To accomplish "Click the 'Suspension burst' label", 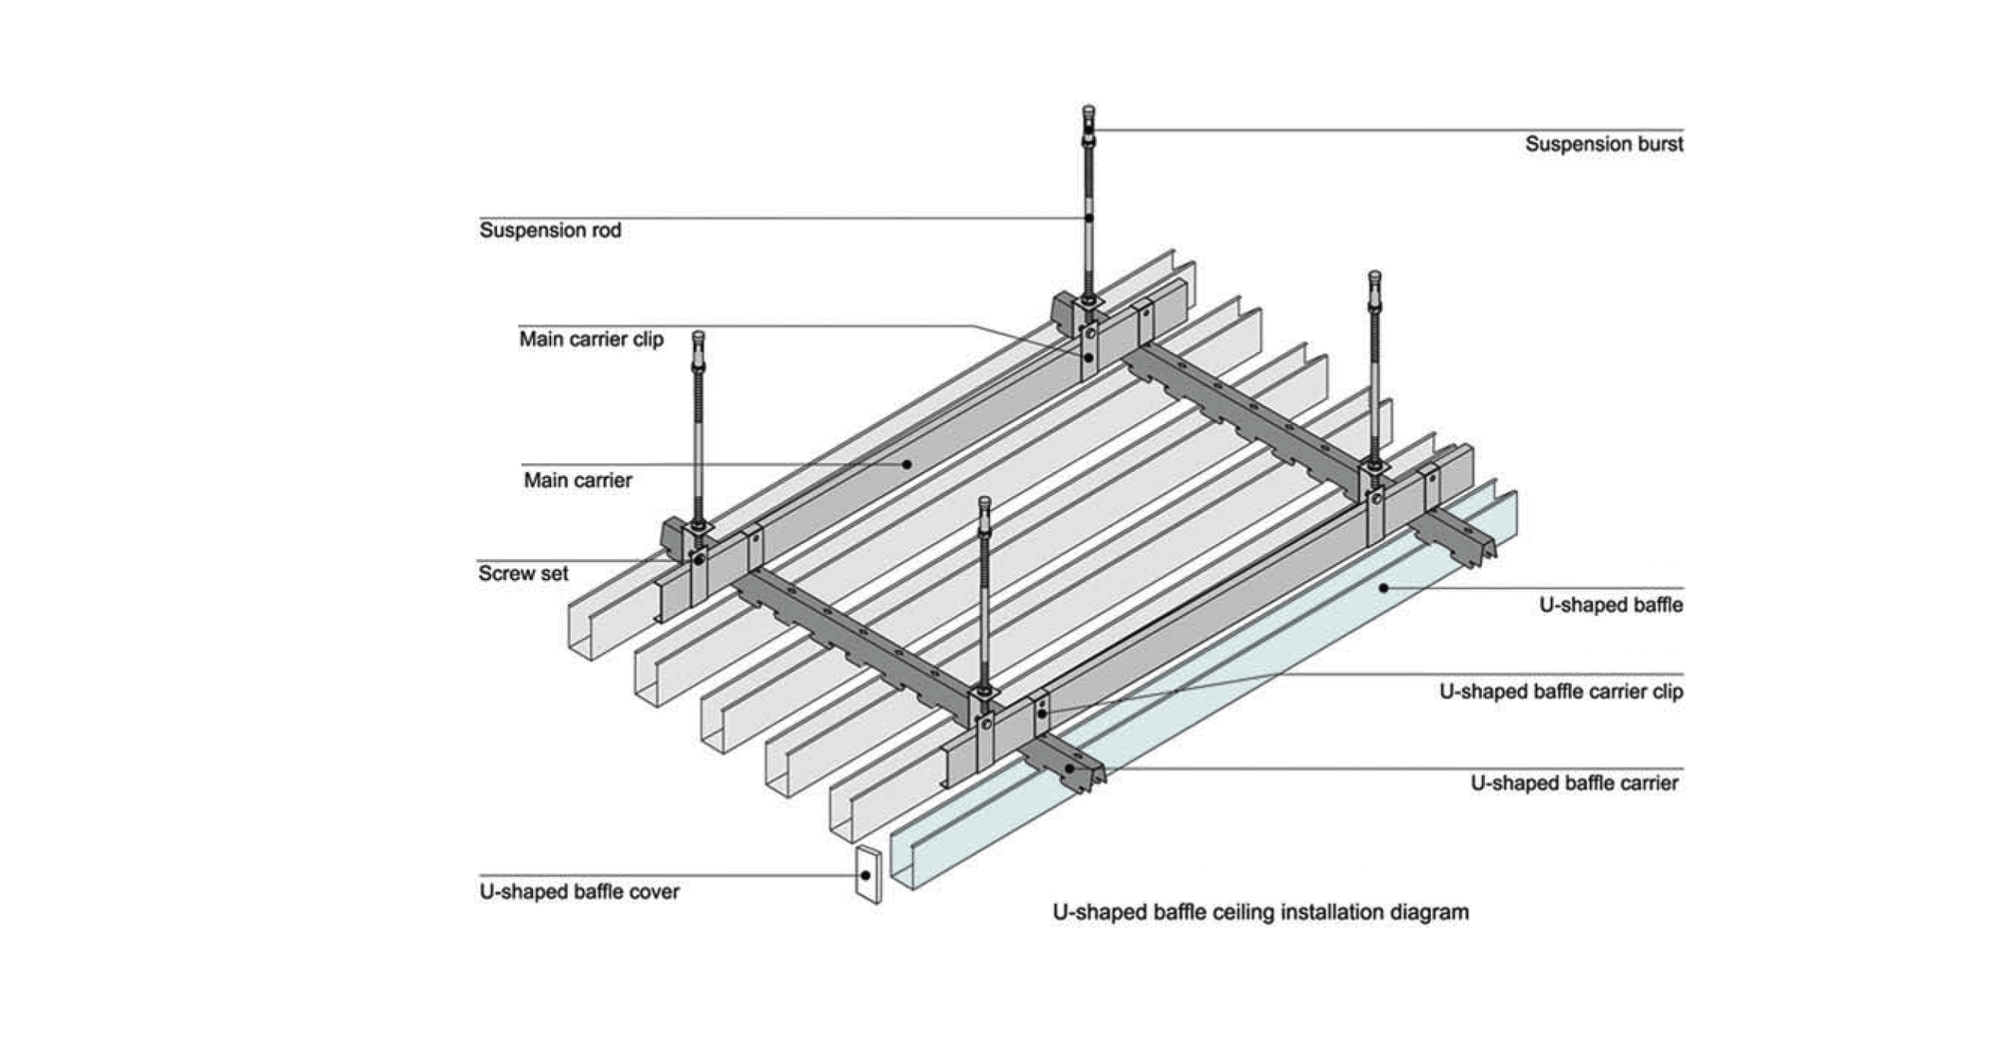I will click(x=1603, y=144).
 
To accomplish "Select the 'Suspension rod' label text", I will click(x=550, y=231).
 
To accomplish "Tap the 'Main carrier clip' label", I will click(x=591, y=339).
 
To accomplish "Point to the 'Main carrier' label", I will click(x=578, y=480).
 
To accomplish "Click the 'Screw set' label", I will click(x=523, y=574).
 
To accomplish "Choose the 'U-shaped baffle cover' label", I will click(x=579, y=891).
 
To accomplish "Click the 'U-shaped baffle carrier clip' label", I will click(x=1560, y=692).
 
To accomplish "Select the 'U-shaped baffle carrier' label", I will click(x=1574, y=784).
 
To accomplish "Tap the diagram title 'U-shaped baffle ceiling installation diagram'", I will click(x=1260, y=912).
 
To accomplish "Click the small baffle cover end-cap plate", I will click(x=868, y=875).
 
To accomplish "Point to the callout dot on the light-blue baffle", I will click(x=1383, y=588).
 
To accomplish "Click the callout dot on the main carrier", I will click(x=907, y=463).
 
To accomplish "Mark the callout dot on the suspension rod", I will click(x=1089, y=218).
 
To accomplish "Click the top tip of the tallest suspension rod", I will click(x=1088, y=110).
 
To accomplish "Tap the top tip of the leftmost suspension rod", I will click(x=698, y=335).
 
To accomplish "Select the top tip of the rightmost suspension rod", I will click(x=1374, y=275).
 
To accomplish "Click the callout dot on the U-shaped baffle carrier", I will click(x=1070, y=769).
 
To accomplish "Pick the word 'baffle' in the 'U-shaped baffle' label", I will click(x=1658, y=605).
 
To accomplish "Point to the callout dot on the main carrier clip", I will click(x=1089, y=356).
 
